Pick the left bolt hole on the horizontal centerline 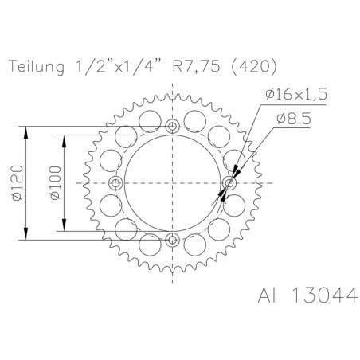click(x=117, y=184)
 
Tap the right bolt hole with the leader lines click(x=230, y=184)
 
